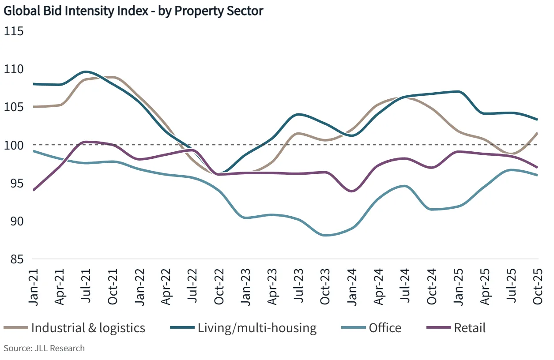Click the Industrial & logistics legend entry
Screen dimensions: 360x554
click(88, 328)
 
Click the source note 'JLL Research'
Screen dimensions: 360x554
click(44, 348)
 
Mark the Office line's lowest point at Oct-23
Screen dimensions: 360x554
click(326, 235)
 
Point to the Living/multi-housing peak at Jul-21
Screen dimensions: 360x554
click(87, 71)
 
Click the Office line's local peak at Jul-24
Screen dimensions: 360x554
click(405, 186)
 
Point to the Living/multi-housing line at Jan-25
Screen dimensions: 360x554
click(458, 92)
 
